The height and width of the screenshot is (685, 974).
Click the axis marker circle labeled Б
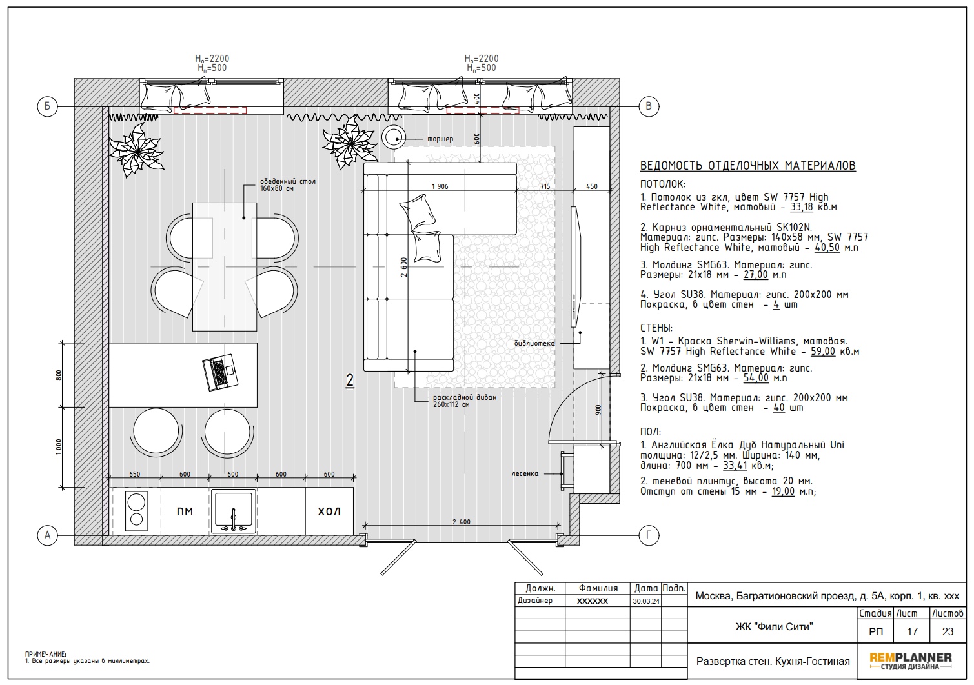coord(47,106)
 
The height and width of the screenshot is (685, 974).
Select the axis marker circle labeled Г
coord(648,535)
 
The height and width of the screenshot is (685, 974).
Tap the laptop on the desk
coord(220,372)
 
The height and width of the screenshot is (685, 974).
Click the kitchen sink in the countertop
coord(234,511)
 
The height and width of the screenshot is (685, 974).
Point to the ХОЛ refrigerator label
coord(329,511)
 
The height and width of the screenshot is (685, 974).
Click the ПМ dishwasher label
coord(185,511)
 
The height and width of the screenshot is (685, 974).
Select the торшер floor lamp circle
coord(394,137)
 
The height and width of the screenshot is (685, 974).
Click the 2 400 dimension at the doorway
coord(462,522)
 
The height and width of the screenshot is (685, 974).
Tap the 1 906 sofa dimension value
coord(440,186)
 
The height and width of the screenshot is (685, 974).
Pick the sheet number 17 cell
coord(912,631)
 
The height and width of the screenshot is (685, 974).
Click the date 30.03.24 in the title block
coord(646,602)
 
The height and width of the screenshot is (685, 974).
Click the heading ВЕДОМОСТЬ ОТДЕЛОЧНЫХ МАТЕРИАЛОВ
coord(748,166)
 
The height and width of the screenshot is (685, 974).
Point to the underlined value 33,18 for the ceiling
coord(802,207)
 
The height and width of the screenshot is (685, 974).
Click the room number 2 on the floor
coord(350,381)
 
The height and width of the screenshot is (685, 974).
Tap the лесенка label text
coord(525,474)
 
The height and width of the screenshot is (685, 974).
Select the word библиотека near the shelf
coord(534,343)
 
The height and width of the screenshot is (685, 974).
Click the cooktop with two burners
coord(137,511)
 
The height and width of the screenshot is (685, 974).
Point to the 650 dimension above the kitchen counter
coord(135,474)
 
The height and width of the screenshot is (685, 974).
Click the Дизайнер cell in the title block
coord(535,601)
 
